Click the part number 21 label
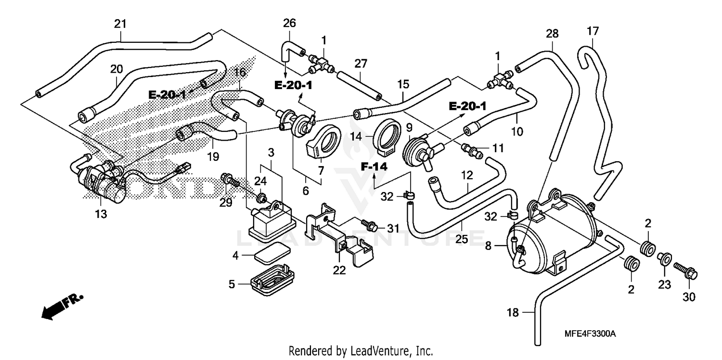pyautogui.click(x=120, y=24)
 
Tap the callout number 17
pyautogui.click(x=593, y=31)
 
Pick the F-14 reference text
pyautogui.click(x=374, y=167)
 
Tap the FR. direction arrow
pyautogui.click(x=62, y=306)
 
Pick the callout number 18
pyautogui.click(x=513, y=313)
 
